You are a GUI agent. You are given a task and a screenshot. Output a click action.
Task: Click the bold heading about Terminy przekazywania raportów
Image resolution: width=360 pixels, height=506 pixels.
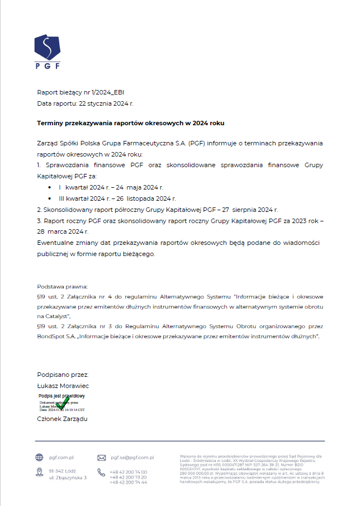(x=130, y=122)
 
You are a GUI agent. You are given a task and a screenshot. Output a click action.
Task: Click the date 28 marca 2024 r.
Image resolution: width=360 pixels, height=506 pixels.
(x=63, y=231)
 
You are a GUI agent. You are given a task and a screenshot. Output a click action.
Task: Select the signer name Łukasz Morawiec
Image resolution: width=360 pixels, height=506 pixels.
(x=63, y=386)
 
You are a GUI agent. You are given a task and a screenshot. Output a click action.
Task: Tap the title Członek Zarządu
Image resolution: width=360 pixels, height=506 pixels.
(x=62, y=419)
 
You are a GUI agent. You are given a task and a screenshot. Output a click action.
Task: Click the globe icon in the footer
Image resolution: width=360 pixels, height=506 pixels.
(x=39, y=457)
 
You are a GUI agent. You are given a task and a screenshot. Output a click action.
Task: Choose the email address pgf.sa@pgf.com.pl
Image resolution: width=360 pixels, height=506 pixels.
(x=132, y=457)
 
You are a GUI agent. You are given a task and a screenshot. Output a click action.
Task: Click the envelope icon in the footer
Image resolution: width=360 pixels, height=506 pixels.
(x=102, y=457)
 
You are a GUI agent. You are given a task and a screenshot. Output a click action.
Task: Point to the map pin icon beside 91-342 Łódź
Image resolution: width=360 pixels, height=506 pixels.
(x=39, y=473)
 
